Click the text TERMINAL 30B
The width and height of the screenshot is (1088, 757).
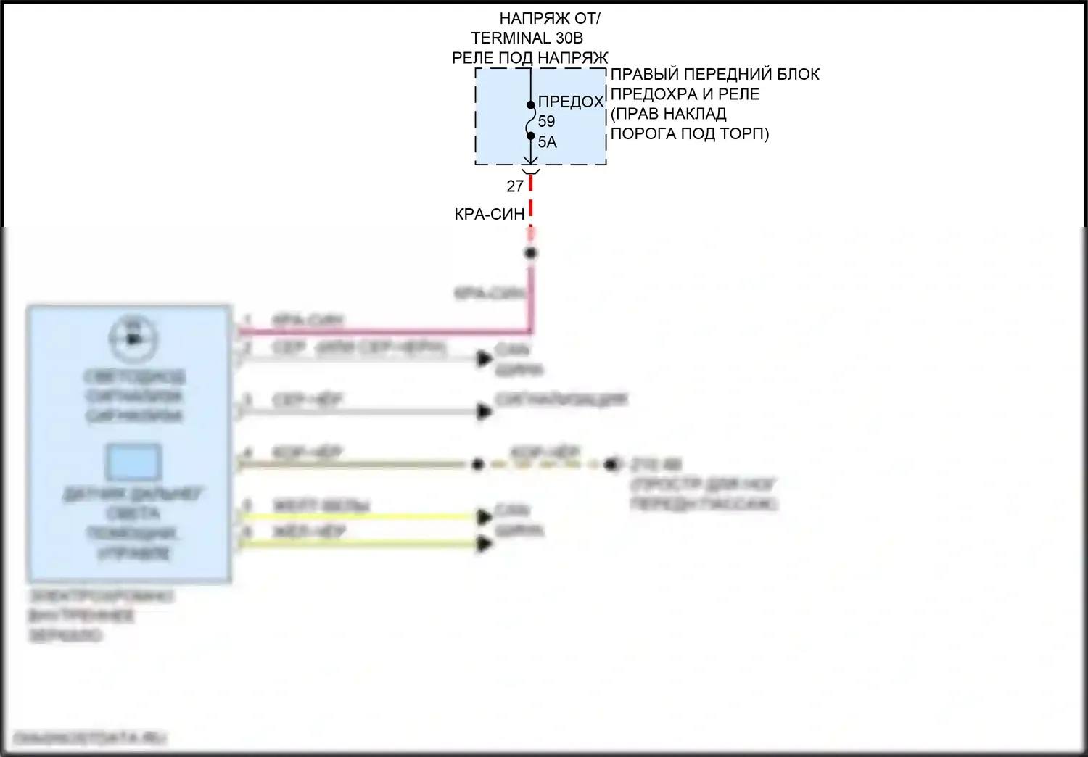click(527, 38)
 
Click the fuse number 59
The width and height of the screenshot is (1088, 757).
click(546, 122)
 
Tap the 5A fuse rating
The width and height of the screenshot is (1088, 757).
click(548, 142)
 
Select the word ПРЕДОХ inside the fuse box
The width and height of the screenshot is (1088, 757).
click(571, 102)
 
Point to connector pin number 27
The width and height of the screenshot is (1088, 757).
click(515, 186)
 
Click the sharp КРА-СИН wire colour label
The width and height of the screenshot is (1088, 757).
click(489, 214)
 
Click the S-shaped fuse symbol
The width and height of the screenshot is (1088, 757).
click(530, 120)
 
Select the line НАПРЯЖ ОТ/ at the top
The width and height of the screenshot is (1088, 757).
click(550, 18)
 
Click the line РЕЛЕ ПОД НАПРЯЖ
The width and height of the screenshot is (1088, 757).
click(529, 58)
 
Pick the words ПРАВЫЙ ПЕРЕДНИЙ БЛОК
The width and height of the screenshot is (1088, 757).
click(714, 74)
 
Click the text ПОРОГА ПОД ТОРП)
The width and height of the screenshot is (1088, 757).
click(689, 134)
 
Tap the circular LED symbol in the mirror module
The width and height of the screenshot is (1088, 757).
click(133, 338)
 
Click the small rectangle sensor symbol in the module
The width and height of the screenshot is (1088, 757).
click(133, 461)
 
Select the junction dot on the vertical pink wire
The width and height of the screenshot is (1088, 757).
click(531, 253)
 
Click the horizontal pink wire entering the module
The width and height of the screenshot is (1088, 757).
click(384, 332)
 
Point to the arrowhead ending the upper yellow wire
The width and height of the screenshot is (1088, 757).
click(485, 516)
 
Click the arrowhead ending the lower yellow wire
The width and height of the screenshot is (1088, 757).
click(485, 544)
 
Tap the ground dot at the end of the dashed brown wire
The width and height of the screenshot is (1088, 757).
click(614, 464)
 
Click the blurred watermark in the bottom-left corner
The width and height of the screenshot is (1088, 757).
click(90, 738)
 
